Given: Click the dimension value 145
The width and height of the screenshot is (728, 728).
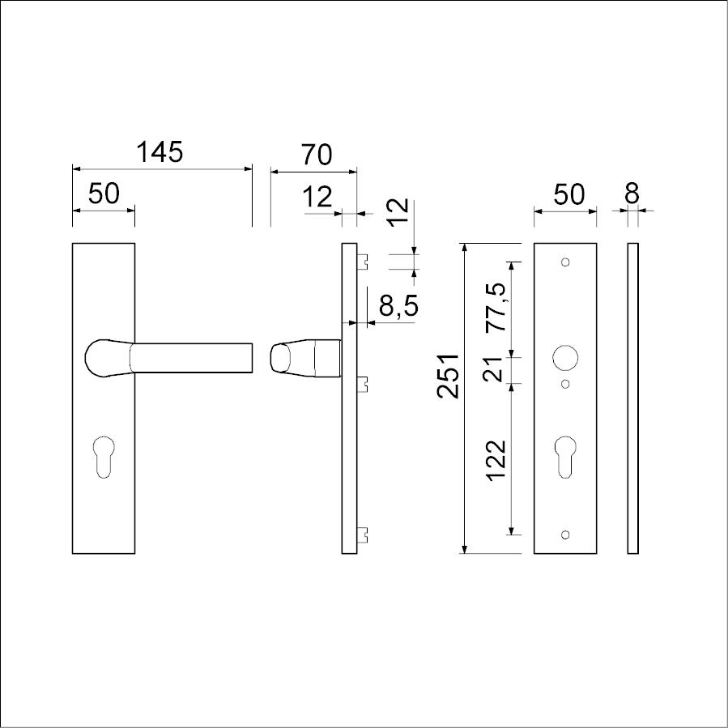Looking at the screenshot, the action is pyautogui.click(x=160, y=151).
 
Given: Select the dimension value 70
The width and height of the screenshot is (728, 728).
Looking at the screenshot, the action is pyautogui.click(x=317, y=155).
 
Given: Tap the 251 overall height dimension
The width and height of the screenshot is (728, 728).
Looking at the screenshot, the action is pyautogui.click(x=448, y=376).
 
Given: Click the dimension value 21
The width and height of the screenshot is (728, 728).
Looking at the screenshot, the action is pyautogui.click(x=493, y=369).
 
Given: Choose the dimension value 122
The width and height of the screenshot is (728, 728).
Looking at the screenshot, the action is pyautogui.click(x=496, y=460).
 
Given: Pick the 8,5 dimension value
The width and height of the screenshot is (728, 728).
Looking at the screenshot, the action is pyautogui.click(x=399, y=305).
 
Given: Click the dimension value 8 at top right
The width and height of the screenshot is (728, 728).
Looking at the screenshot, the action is pyautogui.click(x=632, y=193).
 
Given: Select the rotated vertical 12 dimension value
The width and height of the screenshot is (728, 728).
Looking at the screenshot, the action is pyautogui.click(x=398, y=212).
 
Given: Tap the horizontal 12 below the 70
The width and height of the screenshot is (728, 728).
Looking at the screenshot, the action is pyautogui.click(x=317, y=197).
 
